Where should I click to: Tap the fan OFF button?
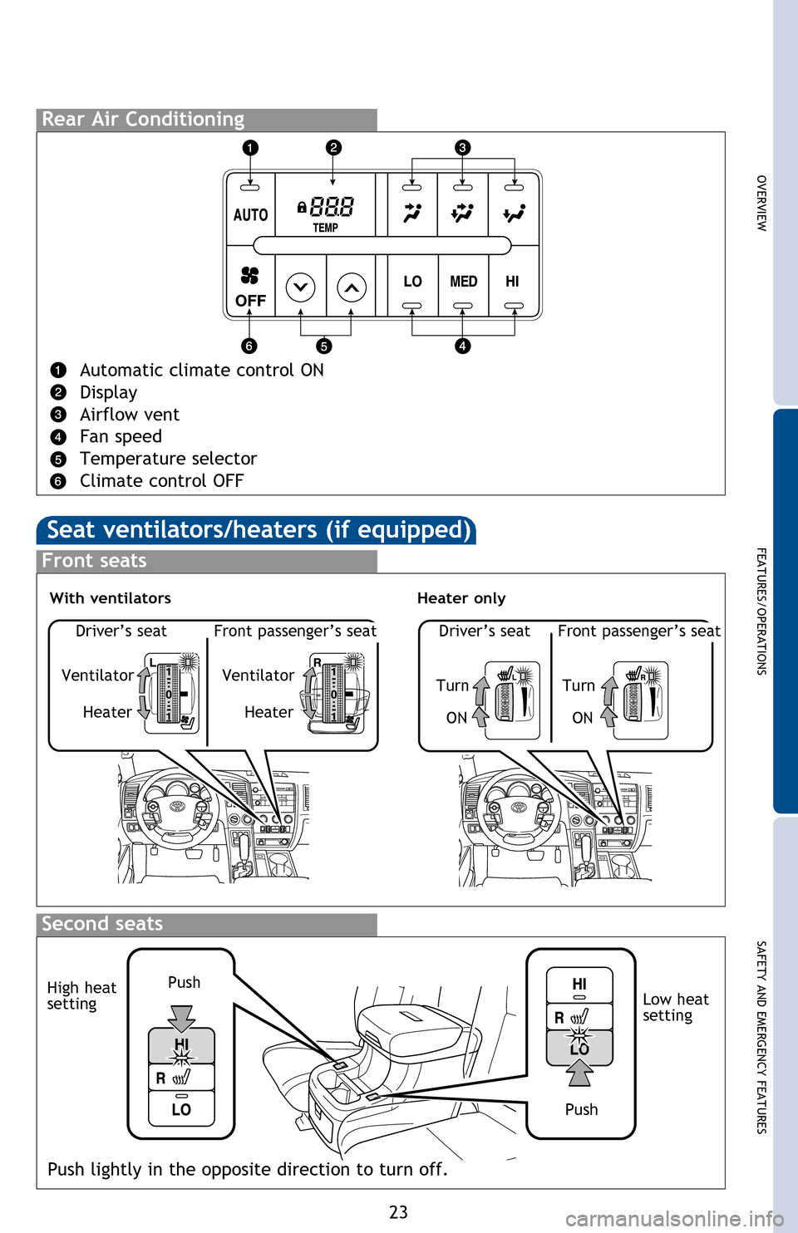(x=250, y=287)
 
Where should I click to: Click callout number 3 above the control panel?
(x=462, y=148)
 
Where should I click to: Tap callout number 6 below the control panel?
(x=249, y=346)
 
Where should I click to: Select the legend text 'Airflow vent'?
(x=129, y=415)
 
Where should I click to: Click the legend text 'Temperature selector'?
(x=168, y=459)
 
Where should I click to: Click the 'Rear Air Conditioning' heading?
(x=143, y=120)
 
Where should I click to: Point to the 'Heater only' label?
(x=461, y=598)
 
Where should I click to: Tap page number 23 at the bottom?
(x=398, y=1212)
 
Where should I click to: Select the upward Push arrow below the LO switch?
(x=579, y=1073)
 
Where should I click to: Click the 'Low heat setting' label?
(x=675, y=1007)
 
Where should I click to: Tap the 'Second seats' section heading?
(x=102, y=924)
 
